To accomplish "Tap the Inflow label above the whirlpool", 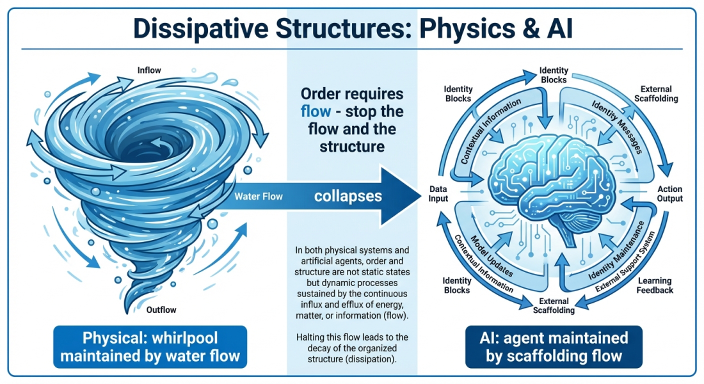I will coord(149,70).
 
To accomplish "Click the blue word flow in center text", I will coord(317,111).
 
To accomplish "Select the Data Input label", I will coord(439,194).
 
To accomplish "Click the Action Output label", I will coord(670,194).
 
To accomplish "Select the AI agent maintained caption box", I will coord(554,346).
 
